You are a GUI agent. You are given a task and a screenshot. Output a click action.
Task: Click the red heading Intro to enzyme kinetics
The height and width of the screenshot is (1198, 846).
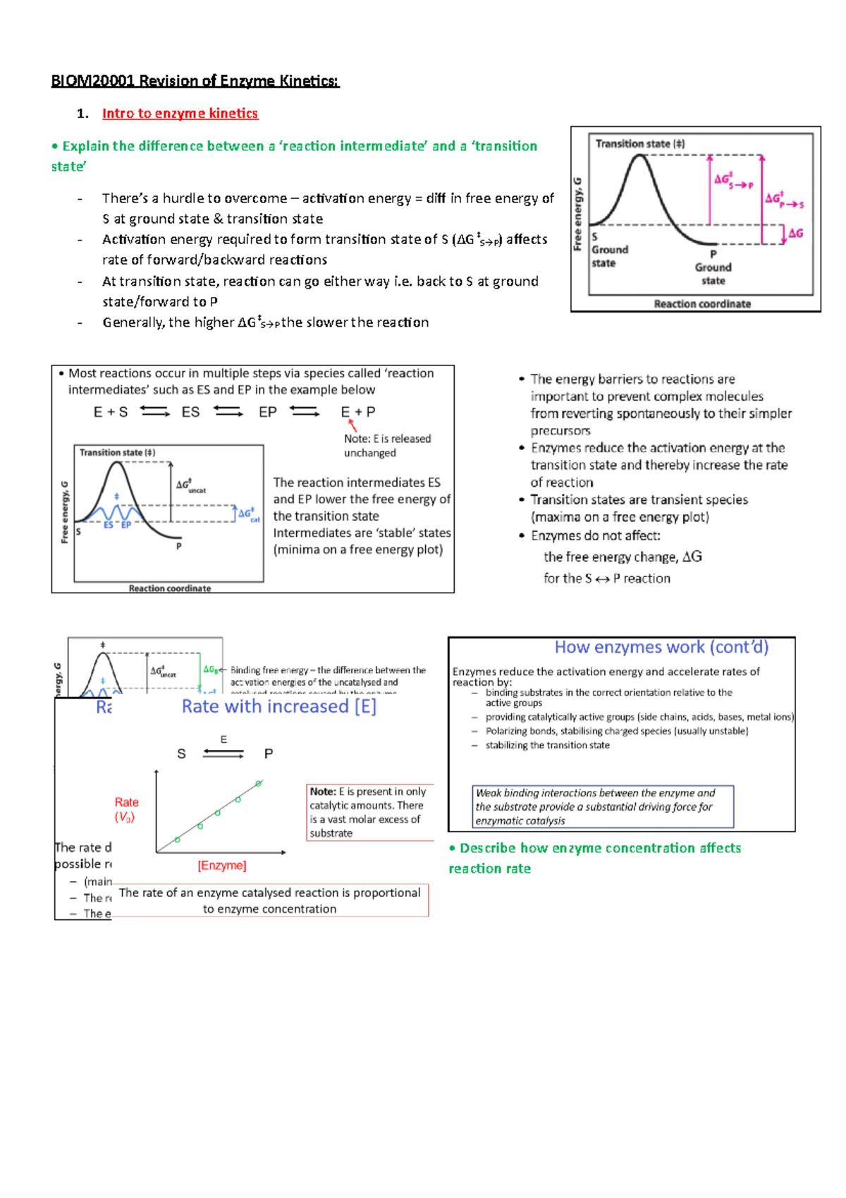click(180, 114)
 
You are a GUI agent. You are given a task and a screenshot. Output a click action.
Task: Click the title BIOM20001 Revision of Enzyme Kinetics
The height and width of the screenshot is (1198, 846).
click(195, 81)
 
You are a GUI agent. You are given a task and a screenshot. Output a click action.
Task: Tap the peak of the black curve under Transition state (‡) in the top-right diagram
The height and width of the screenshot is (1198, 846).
click(639, 157)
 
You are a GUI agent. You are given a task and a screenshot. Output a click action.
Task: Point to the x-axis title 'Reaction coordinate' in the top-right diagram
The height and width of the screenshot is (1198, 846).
click(702, 304)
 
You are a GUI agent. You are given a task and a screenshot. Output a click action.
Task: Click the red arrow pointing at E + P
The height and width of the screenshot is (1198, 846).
click(352, 425)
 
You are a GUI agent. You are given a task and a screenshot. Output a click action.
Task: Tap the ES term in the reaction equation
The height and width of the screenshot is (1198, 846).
click(190, 412)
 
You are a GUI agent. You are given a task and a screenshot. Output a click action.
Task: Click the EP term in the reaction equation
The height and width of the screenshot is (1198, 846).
click(267, 412)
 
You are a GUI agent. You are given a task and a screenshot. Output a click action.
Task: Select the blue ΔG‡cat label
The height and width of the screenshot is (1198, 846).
click(249, 514)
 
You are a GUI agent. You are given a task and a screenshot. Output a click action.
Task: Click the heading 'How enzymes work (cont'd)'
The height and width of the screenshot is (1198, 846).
click(661, 647)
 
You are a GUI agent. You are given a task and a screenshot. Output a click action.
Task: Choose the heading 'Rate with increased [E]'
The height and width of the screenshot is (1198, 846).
click(278, 706)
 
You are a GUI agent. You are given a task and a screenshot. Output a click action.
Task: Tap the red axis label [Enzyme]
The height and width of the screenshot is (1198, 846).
click(221, 865)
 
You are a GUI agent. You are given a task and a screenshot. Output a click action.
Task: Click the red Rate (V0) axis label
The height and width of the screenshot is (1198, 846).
click(126, 809)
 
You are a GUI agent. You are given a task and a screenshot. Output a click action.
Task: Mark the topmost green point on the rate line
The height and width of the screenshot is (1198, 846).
click(259, 784)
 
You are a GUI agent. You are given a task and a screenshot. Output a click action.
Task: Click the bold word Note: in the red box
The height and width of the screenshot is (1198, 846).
click(323, 792)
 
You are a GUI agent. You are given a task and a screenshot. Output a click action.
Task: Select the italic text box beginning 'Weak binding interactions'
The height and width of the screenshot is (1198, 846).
click(603, 806)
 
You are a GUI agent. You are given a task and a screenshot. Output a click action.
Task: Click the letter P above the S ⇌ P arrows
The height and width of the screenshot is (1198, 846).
click(268, 754)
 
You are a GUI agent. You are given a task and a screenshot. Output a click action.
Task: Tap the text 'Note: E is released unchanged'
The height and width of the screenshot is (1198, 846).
click(387, 445)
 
